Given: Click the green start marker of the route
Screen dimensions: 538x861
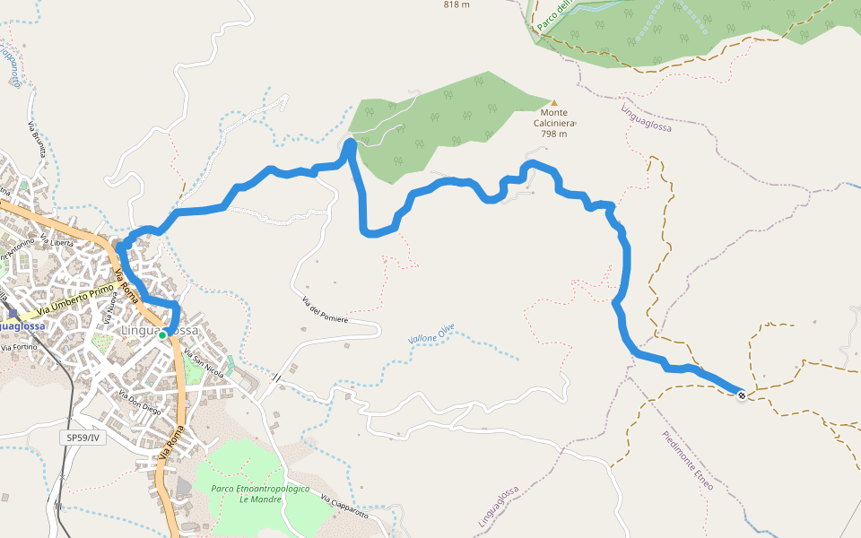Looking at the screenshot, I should [x=164, y=334].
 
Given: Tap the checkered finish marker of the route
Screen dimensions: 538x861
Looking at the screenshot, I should [x=742, y=395].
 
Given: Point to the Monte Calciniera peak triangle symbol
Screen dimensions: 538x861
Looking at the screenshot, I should [x=553, y=102].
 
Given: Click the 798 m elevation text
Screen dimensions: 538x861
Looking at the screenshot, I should [x=553, y=134].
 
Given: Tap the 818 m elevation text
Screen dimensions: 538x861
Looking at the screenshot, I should [x=457, y=4].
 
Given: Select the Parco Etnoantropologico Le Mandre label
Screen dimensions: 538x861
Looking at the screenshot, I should [x=260, y=494].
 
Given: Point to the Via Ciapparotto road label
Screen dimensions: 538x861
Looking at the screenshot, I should [x=344, y=508].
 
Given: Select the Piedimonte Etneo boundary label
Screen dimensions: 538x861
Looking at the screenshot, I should [x=688, y=460].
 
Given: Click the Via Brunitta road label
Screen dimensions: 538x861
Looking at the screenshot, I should [x=36, y=138].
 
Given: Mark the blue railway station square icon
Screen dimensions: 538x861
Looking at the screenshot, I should [x=12, y=313].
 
